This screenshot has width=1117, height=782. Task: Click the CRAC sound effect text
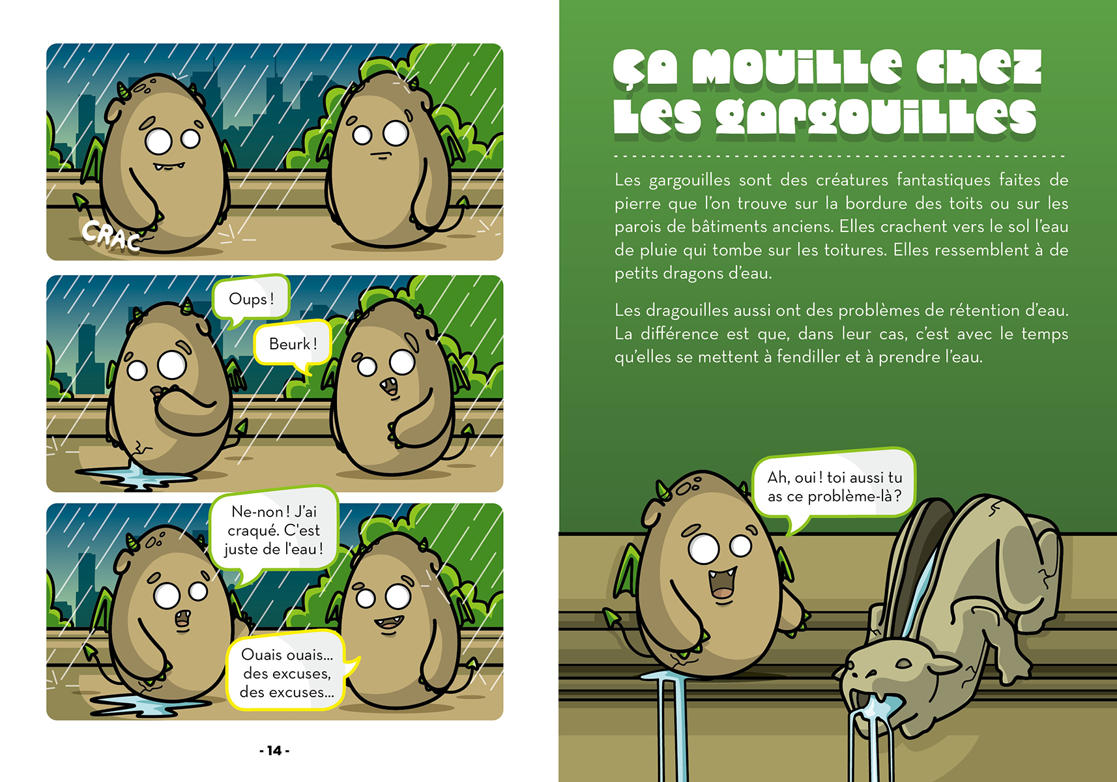coord(111,235)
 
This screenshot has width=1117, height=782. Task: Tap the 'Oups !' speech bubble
coord(251,300)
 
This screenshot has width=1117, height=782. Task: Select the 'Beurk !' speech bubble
coord(293,344)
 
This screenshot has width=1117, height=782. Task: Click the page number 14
coord(274,751)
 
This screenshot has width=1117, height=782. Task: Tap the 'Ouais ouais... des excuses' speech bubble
coord(287,673)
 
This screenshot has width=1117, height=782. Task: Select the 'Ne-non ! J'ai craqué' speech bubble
coord(274,530)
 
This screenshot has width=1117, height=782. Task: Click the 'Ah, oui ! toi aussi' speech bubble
coord(834,487)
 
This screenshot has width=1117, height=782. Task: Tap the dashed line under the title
coord(839,156)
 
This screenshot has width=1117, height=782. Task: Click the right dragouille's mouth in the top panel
coord(381,156)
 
